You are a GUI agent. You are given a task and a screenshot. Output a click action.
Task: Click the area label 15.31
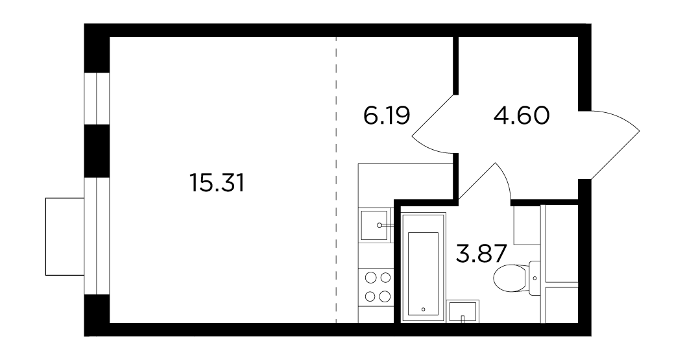point(217,183)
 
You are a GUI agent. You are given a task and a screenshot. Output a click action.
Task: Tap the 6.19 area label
point(387,115)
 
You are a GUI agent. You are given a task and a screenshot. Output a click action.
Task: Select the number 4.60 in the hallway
point(522,115)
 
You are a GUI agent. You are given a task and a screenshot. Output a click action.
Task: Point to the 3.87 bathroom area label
point(481,254)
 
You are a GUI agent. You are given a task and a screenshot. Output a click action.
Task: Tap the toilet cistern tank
point(535,278)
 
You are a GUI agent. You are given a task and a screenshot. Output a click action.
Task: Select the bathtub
point(424,267)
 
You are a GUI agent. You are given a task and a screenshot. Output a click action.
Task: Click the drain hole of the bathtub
point(424,309)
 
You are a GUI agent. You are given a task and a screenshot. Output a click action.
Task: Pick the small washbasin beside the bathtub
point(464,311)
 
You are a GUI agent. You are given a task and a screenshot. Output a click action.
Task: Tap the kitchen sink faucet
point(386,226)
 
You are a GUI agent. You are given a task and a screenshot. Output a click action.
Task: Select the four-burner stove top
point(378,287)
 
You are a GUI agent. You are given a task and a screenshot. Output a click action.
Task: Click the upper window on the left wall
point(97,99)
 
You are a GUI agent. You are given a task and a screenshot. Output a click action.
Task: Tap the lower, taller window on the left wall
point(97,236)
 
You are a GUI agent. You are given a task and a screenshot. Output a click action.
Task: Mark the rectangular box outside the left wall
point(65,236)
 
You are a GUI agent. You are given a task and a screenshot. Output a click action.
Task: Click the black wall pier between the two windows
point(97,151)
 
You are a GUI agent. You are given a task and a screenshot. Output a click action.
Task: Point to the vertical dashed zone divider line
point(337,180)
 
